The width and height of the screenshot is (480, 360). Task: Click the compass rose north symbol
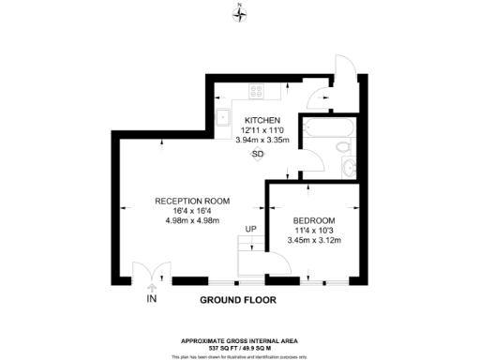pos(240,12)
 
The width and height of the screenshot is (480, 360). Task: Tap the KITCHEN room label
pos(263,121)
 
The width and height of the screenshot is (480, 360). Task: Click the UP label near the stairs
pos(250,228)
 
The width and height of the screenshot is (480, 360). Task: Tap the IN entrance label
pos(151,300)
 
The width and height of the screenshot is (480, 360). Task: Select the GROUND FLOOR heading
pos(240,301)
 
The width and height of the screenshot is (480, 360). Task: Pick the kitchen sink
pos(224,117)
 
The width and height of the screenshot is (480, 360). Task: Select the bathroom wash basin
pos(349,168)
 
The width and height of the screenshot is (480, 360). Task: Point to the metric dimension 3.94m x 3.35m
pos(263,141)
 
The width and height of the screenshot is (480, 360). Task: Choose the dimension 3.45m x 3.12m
pos(312,241)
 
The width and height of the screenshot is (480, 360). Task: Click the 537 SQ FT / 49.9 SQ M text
pos(240,348)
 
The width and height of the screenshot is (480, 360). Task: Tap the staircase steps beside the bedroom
pos(250,255)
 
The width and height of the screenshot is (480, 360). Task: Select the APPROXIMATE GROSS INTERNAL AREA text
pos(240,339)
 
